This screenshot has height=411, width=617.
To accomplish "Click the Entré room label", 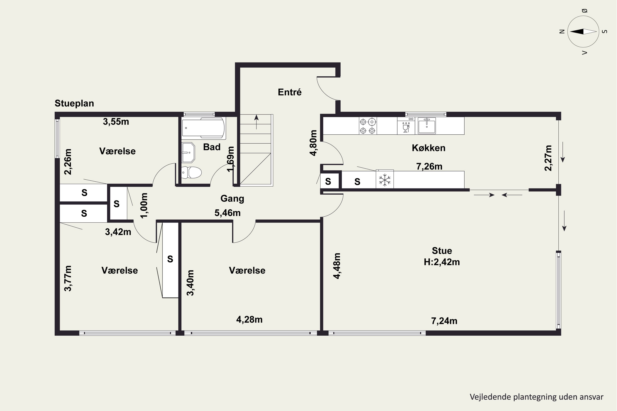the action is pos(290,92).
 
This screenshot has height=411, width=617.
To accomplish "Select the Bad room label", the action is pos(212,147).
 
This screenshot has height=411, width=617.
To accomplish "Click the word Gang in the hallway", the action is pos(232,199).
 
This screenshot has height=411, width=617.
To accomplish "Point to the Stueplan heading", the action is pos(74,103).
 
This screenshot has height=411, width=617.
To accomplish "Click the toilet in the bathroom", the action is pos(191,172).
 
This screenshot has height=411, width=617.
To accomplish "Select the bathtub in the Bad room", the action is pos(204,128).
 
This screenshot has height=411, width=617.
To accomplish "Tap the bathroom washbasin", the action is pos(188,152).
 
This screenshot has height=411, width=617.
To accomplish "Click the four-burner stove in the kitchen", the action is pos(368,126).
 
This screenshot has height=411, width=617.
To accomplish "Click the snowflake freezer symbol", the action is pos(385,180).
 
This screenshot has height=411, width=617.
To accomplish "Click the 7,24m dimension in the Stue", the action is pos(444,321).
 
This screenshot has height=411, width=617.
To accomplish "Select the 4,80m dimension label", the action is pos(313,143).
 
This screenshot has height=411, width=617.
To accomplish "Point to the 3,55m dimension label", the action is pos(116,122).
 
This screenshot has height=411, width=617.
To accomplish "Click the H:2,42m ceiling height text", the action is pos(442,262).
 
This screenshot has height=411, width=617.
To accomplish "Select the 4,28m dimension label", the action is pos(249,320).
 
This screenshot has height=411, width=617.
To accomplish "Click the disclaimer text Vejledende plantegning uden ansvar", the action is pos(536,397).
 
